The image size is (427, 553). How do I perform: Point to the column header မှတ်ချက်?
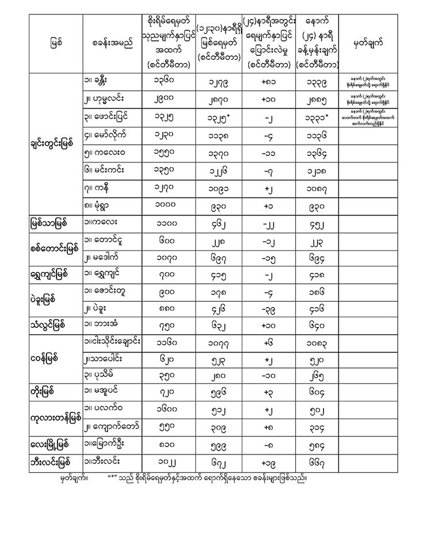(367, 44)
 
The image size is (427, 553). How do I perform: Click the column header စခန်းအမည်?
(112, 44)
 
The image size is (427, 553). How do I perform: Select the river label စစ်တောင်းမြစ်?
(55, 249)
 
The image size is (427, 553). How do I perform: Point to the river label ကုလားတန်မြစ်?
(56, 417)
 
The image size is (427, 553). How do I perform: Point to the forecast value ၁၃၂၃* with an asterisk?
(315, 119)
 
